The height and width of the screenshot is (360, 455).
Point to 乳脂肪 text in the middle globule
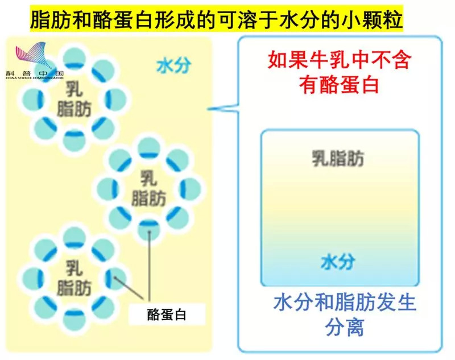(148, 188)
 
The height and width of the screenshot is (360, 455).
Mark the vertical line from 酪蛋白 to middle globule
(150, 267)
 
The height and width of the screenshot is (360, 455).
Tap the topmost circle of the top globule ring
(74, 58)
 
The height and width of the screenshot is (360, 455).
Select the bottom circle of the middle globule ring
(149, 229)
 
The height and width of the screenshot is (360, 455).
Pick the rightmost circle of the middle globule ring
(189, 188)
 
